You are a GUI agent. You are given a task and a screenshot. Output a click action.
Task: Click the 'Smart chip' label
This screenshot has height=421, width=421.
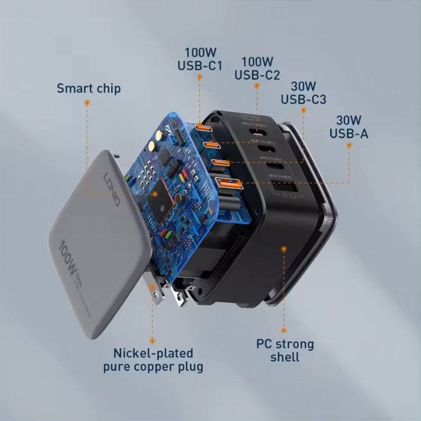click(x=88, y=88)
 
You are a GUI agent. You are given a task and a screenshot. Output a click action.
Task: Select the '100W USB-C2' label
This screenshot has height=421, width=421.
click(x=257, y=69)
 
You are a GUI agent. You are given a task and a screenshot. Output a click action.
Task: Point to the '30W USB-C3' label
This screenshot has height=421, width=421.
click(x=303, y=93)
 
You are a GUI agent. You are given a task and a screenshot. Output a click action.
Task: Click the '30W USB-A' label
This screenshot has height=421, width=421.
click(x=349, y=127)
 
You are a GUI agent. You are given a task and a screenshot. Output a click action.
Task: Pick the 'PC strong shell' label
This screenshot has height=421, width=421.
click(x=285, y=350)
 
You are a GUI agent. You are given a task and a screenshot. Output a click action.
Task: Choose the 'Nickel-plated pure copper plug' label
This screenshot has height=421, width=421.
click(x=153, y=359)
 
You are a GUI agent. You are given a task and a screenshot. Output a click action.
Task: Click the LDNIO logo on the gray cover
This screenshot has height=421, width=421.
click(x=112, y=189)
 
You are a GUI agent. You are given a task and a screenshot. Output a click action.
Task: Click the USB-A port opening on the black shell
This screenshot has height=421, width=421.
click(x=284, y=189)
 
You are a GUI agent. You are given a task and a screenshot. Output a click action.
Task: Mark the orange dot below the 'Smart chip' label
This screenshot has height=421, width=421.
click(x=87, y=102)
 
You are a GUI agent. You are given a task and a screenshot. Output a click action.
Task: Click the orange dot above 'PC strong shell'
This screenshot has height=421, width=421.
click(x=284, y=249)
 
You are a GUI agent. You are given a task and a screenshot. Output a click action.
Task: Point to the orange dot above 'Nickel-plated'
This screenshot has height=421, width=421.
click(x=152, y=339)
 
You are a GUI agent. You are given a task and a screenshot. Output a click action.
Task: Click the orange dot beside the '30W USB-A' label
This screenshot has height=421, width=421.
click(x=349, y=145)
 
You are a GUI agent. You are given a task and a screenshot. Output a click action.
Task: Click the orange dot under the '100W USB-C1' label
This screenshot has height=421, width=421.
click(x=200, y=77)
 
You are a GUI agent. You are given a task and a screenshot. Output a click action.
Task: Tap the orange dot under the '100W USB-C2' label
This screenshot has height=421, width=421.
click(x=257, y=85)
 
